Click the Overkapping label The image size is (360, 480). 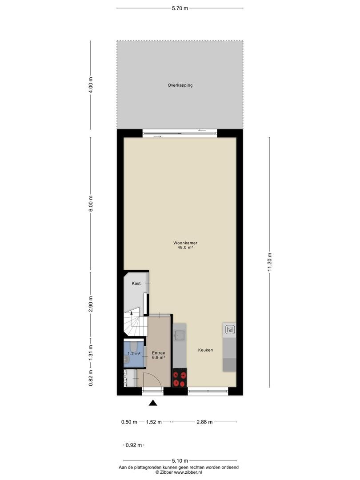[180, 85]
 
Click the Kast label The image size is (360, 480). [136, 284]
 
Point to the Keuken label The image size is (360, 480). [205, 350]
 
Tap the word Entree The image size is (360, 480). [159, 353]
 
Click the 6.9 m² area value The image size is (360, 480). [159, 357]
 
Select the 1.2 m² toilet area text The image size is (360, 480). [134, 354]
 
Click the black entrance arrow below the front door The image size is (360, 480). [153, 403]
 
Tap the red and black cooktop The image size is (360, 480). [180, 377]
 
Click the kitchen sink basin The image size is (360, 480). [179, 336]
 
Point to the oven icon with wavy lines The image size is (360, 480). [230, 330]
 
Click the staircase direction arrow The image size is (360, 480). [132, 313]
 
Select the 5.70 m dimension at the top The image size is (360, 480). [180, 8]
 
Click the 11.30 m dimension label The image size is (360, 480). [269, 262]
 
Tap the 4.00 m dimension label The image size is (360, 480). [90, 85]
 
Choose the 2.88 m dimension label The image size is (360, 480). [204, 422]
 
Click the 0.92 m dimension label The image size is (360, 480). [134, 445]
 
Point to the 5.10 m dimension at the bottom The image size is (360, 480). [180, 460]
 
